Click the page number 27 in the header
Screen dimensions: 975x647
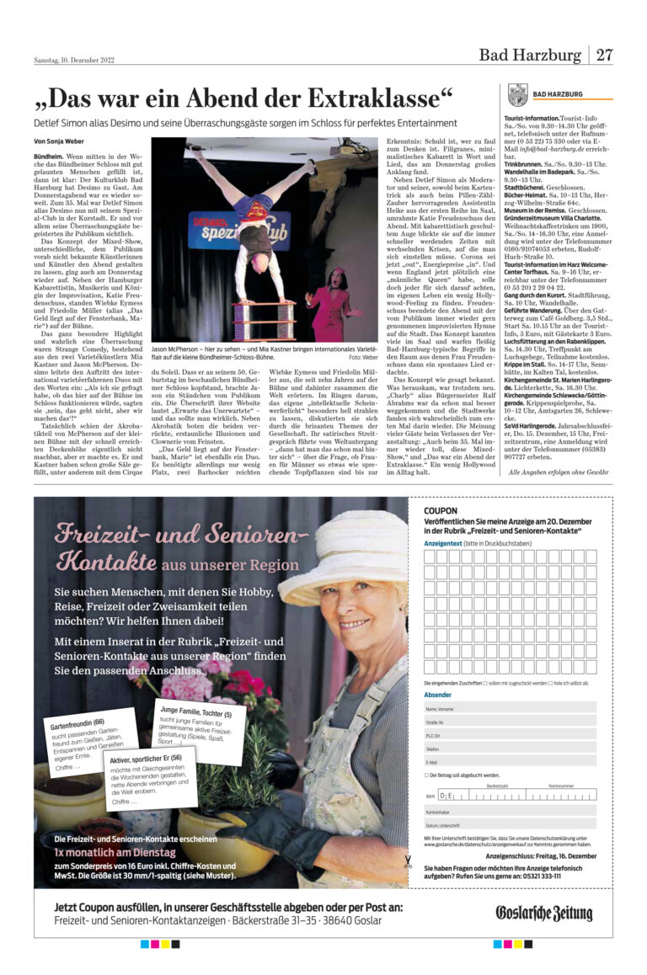(x=604, y=56)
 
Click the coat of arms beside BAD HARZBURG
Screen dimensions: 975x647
(x=517, y=94)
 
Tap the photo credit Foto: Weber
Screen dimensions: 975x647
(x=363, y=357)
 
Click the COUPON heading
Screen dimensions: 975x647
(x=441, y=510)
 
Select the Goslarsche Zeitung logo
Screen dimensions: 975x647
(x=543, y=914)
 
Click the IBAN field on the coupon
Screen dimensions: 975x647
(x=505, y=795)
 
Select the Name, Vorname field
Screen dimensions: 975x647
(x=510, y=709)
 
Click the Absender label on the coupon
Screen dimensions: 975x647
(x=437, y=695)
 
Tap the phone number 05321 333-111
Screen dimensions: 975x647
(x=535, y=876)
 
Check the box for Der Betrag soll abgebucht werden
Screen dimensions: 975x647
(x=427, y=775)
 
